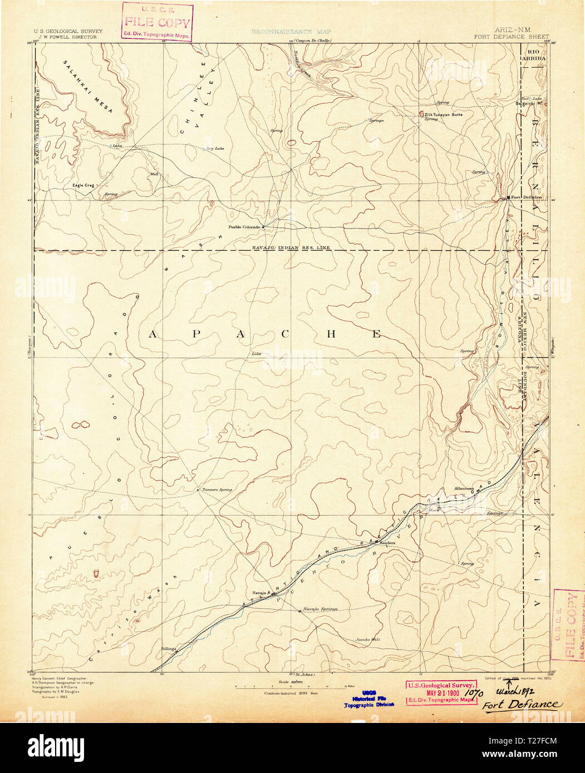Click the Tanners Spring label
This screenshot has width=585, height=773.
[217, 489]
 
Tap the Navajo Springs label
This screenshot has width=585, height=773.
[321, 609]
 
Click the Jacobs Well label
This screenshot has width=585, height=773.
[368, 640]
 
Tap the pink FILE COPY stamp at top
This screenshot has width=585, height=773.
[158, 23]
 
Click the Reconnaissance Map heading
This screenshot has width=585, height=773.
[291, 32]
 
